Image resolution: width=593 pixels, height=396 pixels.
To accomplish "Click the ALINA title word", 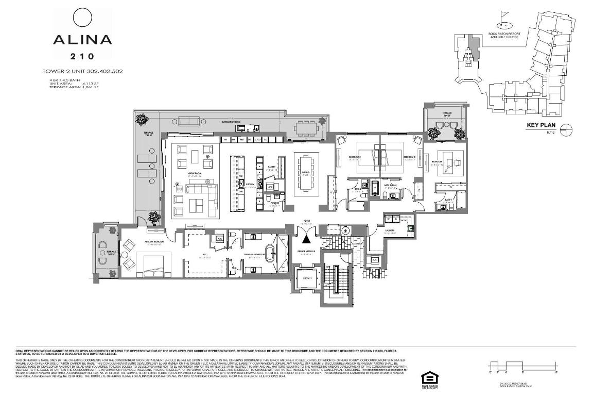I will [x=82, y=40].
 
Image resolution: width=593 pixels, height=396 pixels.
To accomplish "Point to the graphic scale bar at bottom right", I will [x=523, y=366].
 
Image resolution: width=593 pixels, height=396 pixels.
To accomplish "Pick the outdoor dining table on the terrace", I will [x=307, y=127].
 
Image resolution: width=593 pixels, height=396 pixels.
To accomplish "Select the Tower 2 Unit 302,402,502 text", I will [x=82, y=71].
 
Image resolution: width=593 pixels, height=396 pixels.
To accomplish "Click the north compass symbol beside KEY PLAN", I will [x=566, y=129].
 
